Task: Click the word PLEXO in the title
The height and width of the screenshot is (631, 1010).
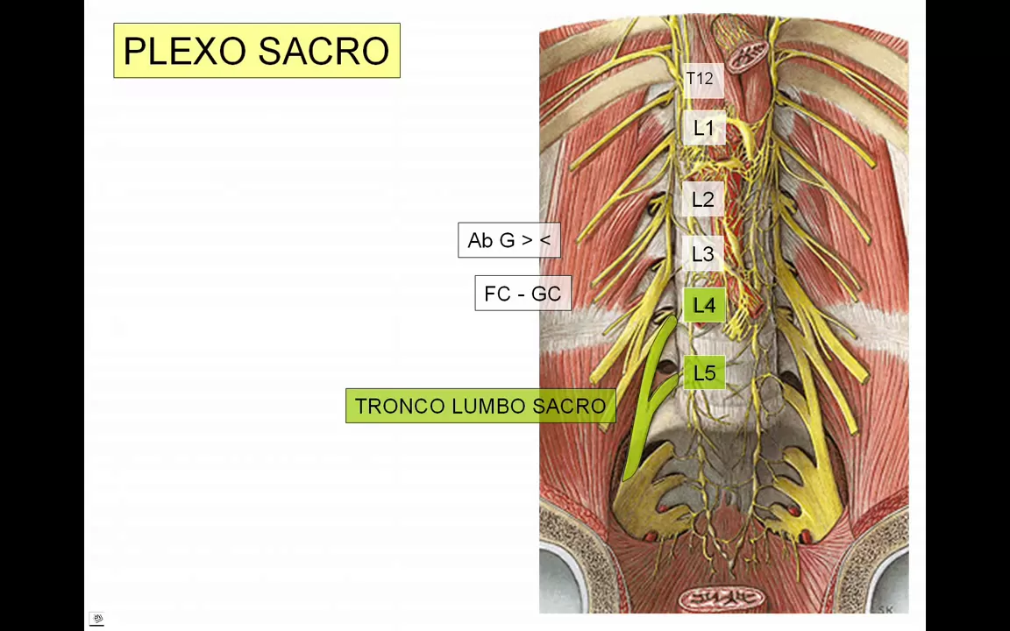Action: coord(185,51)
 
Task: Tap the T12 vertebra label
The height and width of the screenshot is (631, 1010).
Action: coord(700,79)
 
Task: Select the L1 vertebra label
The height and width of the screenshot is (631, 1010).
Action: coord(703,129)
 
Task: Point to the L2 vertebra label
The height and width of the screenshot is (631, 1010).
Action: coord(703,200)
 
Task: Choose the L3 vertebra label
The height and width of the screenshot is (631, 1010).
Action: coord(703,254)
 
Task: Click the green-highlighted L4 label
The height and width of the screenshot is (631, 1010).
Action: coord(704,306)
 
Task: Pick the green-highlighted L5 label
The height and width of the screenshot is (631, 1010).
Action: coord(704,373)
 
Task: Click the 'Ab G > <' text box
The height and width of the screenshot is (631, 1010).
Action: coord(509,240)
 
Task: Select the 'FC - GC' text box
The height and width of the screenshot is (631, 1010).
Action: coord(523,294)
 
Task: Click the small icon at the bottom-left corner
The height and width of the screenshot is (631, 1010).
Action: coord(97,620)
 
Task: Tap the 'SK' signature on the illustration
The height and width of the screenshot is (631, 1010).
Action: coord(885,609)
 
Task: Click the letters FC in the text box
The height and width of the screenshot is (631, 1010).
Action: coord(496,294)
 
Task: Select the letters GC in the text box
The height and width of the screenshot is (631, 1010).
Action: coord(546,294)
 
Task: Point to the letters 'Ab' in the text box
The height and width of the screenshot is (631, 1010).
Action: coord(480,240)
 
